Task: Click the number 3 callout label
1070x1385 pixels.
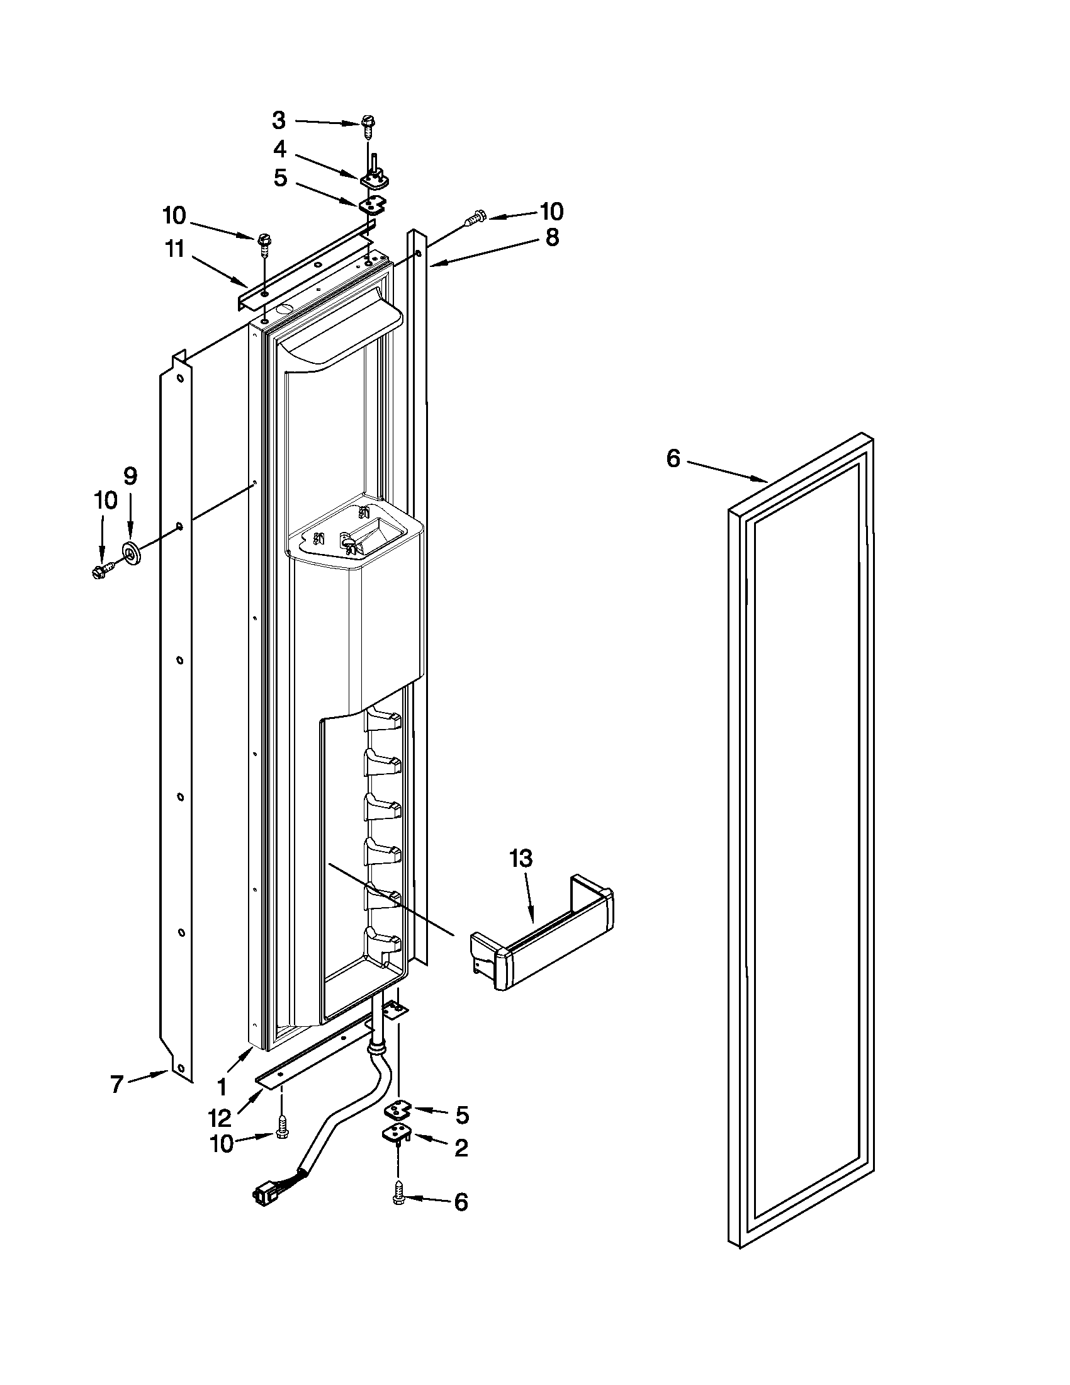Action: point(279,120)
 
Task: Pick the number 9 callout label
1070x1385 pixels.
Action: point(130,475)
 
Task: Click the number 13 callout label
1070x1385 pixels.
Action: point(521,859)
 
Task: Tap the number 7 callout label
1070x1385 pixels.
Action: point(116,1085)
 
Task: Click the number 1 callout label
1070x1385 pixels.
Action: point(222,1088)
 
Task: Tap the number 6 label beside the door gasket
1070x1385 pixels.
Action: point(673,458)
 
